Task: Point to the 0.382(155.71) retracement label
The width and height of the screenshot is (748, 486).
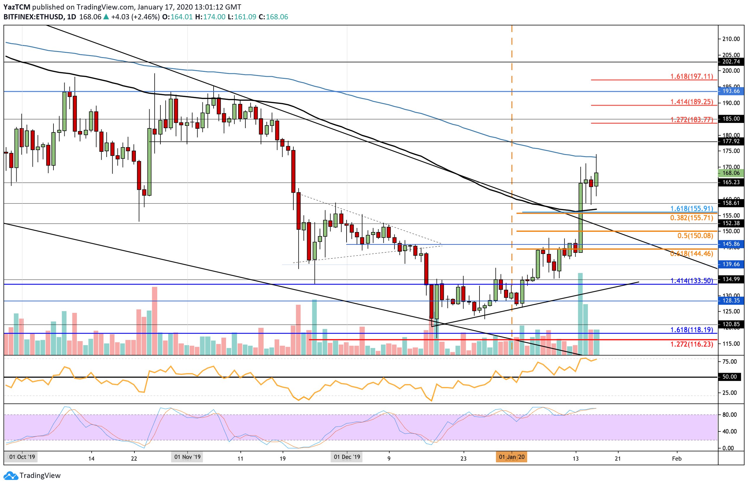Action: click(x=691, y=217)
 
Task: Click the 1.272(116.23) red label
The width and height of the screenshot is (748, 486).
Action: click(x=691, y=344)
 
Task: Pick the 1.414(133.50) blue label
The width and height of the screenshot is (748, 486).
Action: click(x=691, y=281)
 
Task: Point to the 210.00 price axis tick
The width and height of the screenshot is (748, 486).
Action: click(x=731, y=39)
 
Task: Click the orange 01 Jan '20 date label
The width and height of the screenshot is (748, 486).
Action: click(x=512, y=457)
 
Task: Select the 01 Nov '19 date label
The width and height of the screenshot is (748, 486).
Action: click(x=187, y=457)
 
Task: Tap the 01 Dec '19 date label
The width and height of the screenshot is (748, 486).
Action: click(x=347, y=457)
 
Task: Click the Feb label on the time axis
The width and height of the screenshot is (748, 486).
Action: click(x=677, y=458)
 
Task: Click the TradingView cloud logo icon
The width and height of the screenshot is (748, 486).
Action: click(x=11, y=476)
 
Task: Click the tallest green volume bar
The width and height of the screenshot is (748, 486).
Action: click(x=580, y=314)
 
